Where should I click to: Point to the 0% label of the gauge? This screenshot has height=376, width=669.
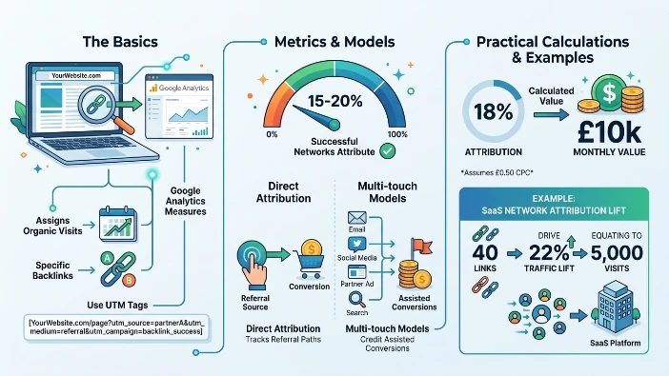coord(272,134)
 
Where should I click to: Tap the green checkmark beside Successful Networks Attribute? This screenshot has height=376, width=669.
coord(387,150)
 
